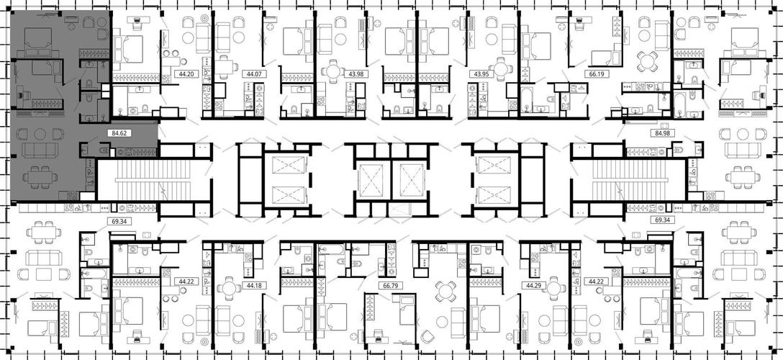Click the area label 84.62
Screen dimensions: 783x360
click(117, 133)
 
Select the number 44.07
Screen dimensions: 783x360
click(252, 74)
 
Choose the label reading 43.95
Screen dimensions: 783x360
click(478, 74)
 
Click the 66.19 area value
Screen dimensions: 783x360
click(592, 74)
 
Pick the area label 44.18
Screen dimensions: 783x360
click(252, 286)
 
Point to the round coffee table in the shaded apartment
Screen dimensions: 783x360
click(40, 134)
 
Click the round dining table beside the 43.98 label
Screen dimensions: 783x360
click(332, 71)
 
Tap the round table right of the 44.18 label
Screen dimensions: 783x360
click(228, 289)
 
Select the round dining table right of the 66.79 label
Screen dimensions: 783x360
click(445, 291)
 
